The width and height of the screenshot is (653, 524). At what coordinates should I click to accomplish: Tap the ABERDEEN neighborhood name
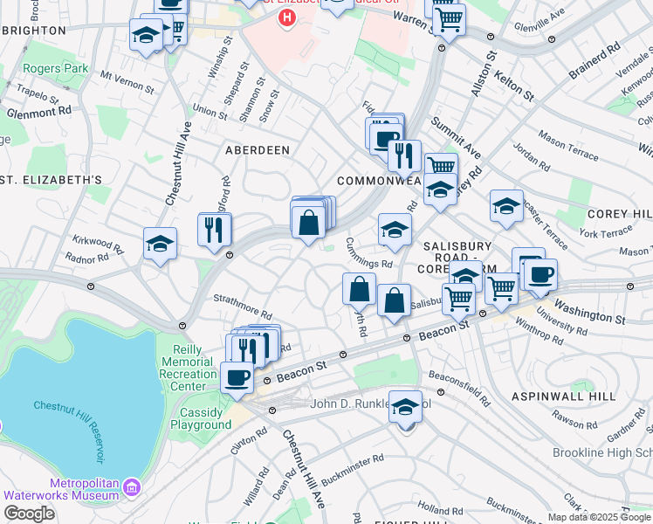(258, 150)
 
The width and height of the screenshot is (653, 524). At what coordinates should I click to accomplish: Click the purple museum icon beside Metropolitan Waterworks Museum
(131, 486)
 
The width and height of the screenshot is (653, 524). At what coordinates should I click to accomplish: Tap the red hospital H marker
(286, 18)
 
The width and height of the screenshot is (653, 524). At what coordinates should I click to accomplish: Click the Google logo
(28, 514)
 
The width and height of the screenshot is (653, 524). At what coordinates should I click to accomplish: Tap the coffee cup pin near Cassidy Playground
(236, 377)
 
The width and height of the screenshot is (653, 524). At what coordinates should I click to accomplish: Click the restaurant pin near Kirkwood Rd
(215, 230)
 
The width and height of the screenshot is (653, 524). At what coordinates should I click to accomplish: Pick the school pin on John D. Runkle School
(405, 407)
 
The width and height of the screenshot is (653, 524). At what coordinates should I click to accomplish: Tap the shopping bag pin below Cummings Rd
(359, 288)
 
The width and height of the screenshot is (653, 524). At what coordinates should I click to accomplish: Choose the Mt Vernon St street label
(127, 82)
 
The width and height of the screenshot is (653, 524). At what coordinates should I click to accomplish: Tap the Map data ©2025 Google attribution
(600, 517)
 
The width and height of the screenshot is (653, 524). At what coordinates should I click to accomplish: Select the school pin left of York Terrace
(506, 207)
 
